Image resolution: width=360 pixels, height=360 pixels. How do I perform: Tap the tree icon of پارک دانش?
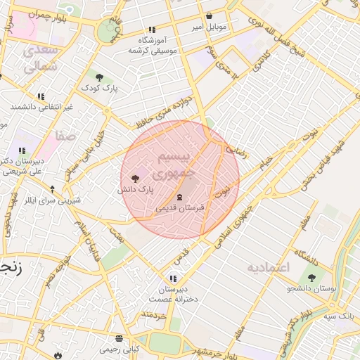(135, 178)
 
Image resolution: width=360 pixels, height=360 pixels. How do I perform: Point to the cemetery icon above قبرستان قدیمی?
(179, 197)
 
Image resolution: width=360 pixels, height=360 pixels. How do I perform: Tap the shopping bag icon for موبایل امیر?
(209, 16)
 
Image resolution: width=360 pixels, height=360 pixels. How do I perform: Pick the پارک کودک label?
(99, 88)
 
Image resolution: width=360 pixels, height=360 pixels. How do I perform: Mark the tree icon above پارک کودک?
(98, 77)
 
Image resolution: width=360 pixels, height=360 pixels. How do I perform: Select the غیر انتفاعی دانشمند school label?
(41, 106)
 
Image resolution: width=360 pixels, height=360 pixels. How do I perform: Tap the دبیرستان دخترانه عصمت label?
(173, 294)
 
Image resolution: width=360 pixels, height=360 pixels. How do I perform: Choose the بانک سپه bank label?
(338, 316)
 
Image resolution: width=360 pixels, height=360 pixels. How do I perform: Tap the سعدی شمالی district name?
(39, 59)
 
